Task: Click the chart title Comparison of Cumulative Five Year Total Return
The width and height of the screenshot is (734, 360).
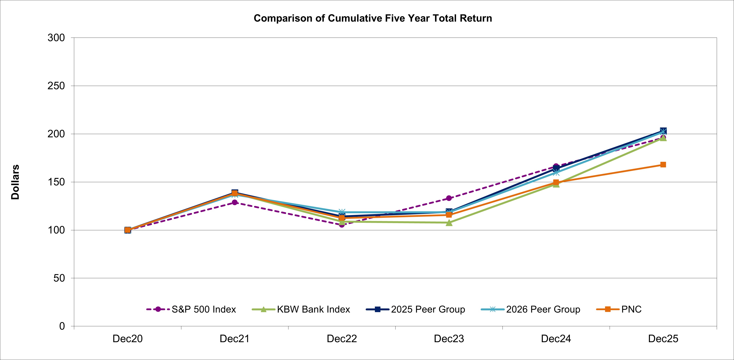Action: (x=373, y=18)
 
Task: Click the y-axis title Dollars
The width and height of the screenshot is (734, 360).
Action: (x=15, y=182)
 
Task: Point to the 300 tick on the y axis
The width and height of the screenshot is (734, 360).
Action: (x=56, y=38)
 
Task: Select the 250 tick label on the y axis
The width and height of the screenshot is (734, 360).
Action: (x=56, y=86)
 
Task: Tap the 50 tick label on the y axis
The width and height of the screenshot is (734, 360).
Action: (x=59, y=278)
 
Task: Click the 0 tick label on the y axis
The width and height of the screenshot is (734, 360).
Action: (x=62, y=326)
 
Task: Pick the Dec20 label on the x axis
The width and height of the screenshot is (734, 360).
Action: (x=127, y=339)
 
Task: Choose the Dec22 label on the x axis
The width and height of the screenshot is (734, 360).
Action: (x=342, y=339)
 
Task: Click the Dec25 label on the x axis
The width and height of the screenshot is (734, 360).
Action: (x=663, y=339)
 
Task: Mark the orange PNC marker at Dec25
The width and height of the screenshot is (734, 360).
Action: (x=663, y=165)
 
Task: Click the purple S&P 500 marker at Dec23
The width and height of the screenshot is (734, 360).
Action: (x=449, y=198)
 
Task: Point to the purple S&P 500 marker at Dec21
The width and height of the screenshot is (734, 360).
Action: (x=235, y=202)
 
